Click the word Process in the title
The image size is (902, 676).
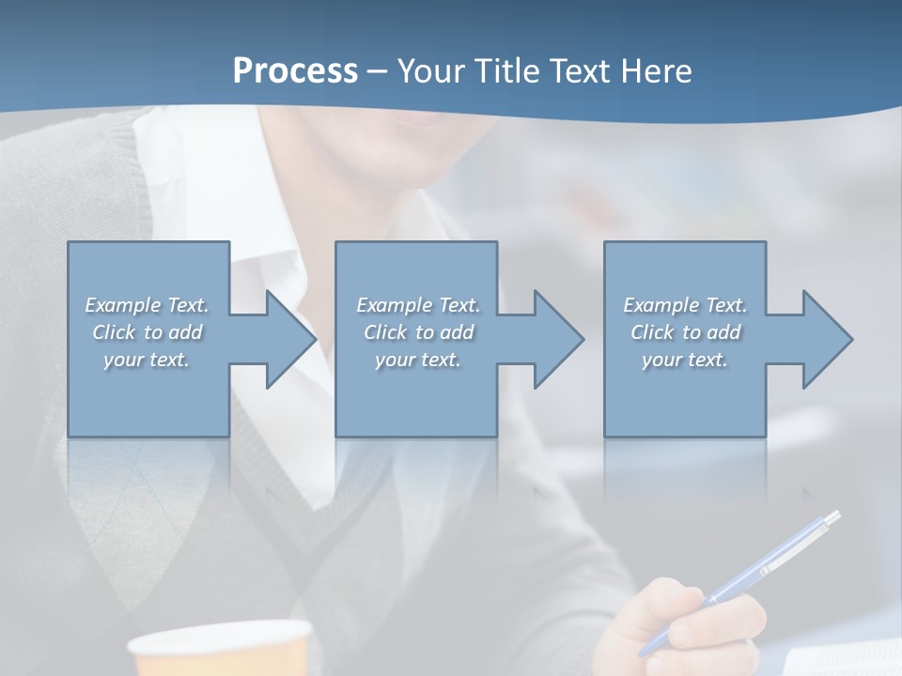[295, 70]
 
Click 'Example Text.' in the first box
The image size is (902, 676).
[147, 305]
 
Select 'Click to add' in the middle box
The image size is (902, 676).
[418, 332]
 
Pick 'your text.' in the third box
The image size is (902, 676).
[685, 360]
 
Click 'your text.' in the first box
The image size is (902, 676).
[147, 360]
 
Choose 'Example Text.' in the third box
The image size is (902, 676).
[685, 305]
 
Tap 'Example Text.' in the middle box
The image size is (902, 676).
[418, 305]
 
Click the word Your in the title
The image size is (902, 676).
[430, 70]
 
